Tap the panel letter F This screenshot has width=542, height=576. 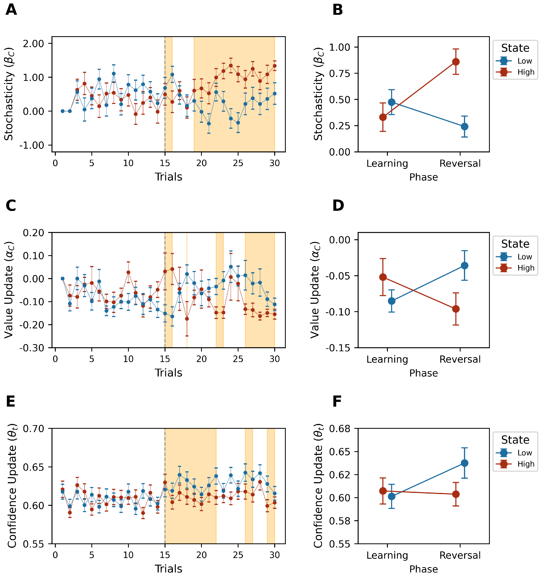337,402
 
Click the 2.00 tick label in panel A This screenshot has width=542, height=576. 33,44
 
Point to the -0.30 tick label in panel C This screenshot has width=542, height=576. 32,348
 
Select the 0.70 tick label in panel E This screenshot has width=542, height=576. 33,429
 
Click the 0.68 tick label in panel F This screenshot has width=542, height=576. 339,429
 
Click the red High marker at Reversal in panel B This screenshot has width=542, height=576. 456,62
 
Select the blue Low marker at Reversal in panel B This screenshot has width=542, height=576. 464,127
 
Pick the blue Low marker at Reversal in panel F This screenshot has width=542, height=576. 464,463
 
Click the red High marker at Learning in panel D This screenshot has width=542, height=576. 383,277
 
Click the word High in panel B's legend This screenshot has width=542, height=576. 526,72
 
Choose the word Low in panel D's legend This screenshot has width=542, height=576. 525,257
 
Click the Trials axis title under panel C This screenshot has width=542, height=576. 168,373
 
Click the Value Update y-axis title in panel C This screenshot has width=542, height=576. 9,290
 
